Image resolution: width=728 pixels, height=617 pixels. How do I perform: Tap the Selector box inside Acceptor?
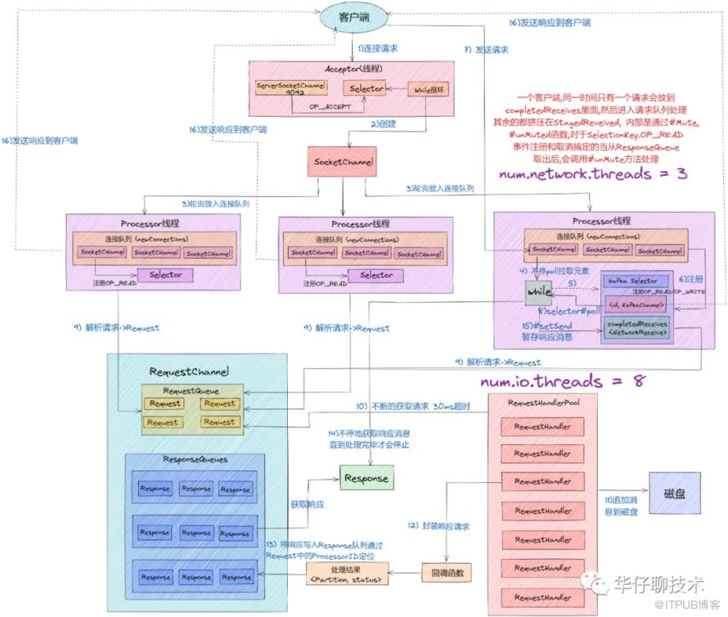click(x=363, y=88)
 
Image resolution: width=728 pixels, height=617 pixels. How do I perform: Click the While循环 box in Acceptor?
click(x=429, y=88)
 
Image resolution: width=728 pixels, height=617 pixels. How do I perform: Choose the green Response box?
click(x=366, y=477)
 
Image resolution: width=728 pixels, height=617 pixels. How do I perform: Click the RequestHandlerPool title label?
click(x=544, y=403)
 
